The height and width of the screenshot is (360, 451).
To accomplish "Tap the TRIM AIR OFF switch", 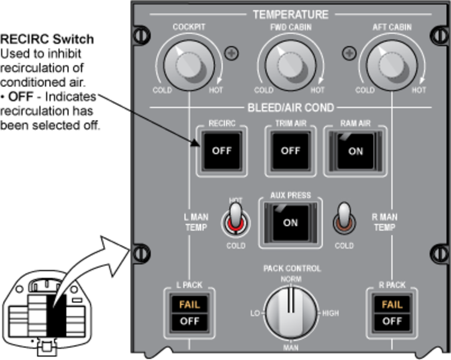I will click(290, 151).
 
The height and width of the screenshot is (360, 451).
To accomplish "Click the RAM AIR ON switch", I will click(355, 151).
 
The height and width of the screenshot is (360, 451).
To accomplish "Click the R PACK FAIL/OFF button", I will click(392, 313).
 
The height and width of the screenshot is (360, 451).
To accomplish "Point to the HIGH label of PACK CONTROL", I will click(330, 313).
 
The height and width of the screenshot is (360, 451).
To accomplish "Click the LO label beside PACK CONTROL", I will click(254, 313).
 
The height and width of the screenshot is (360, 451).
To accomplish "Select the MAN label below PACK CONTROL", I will click(291, 347).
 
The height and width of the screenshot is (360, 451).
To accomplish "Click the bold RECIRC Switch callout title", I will click(47, 40).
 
